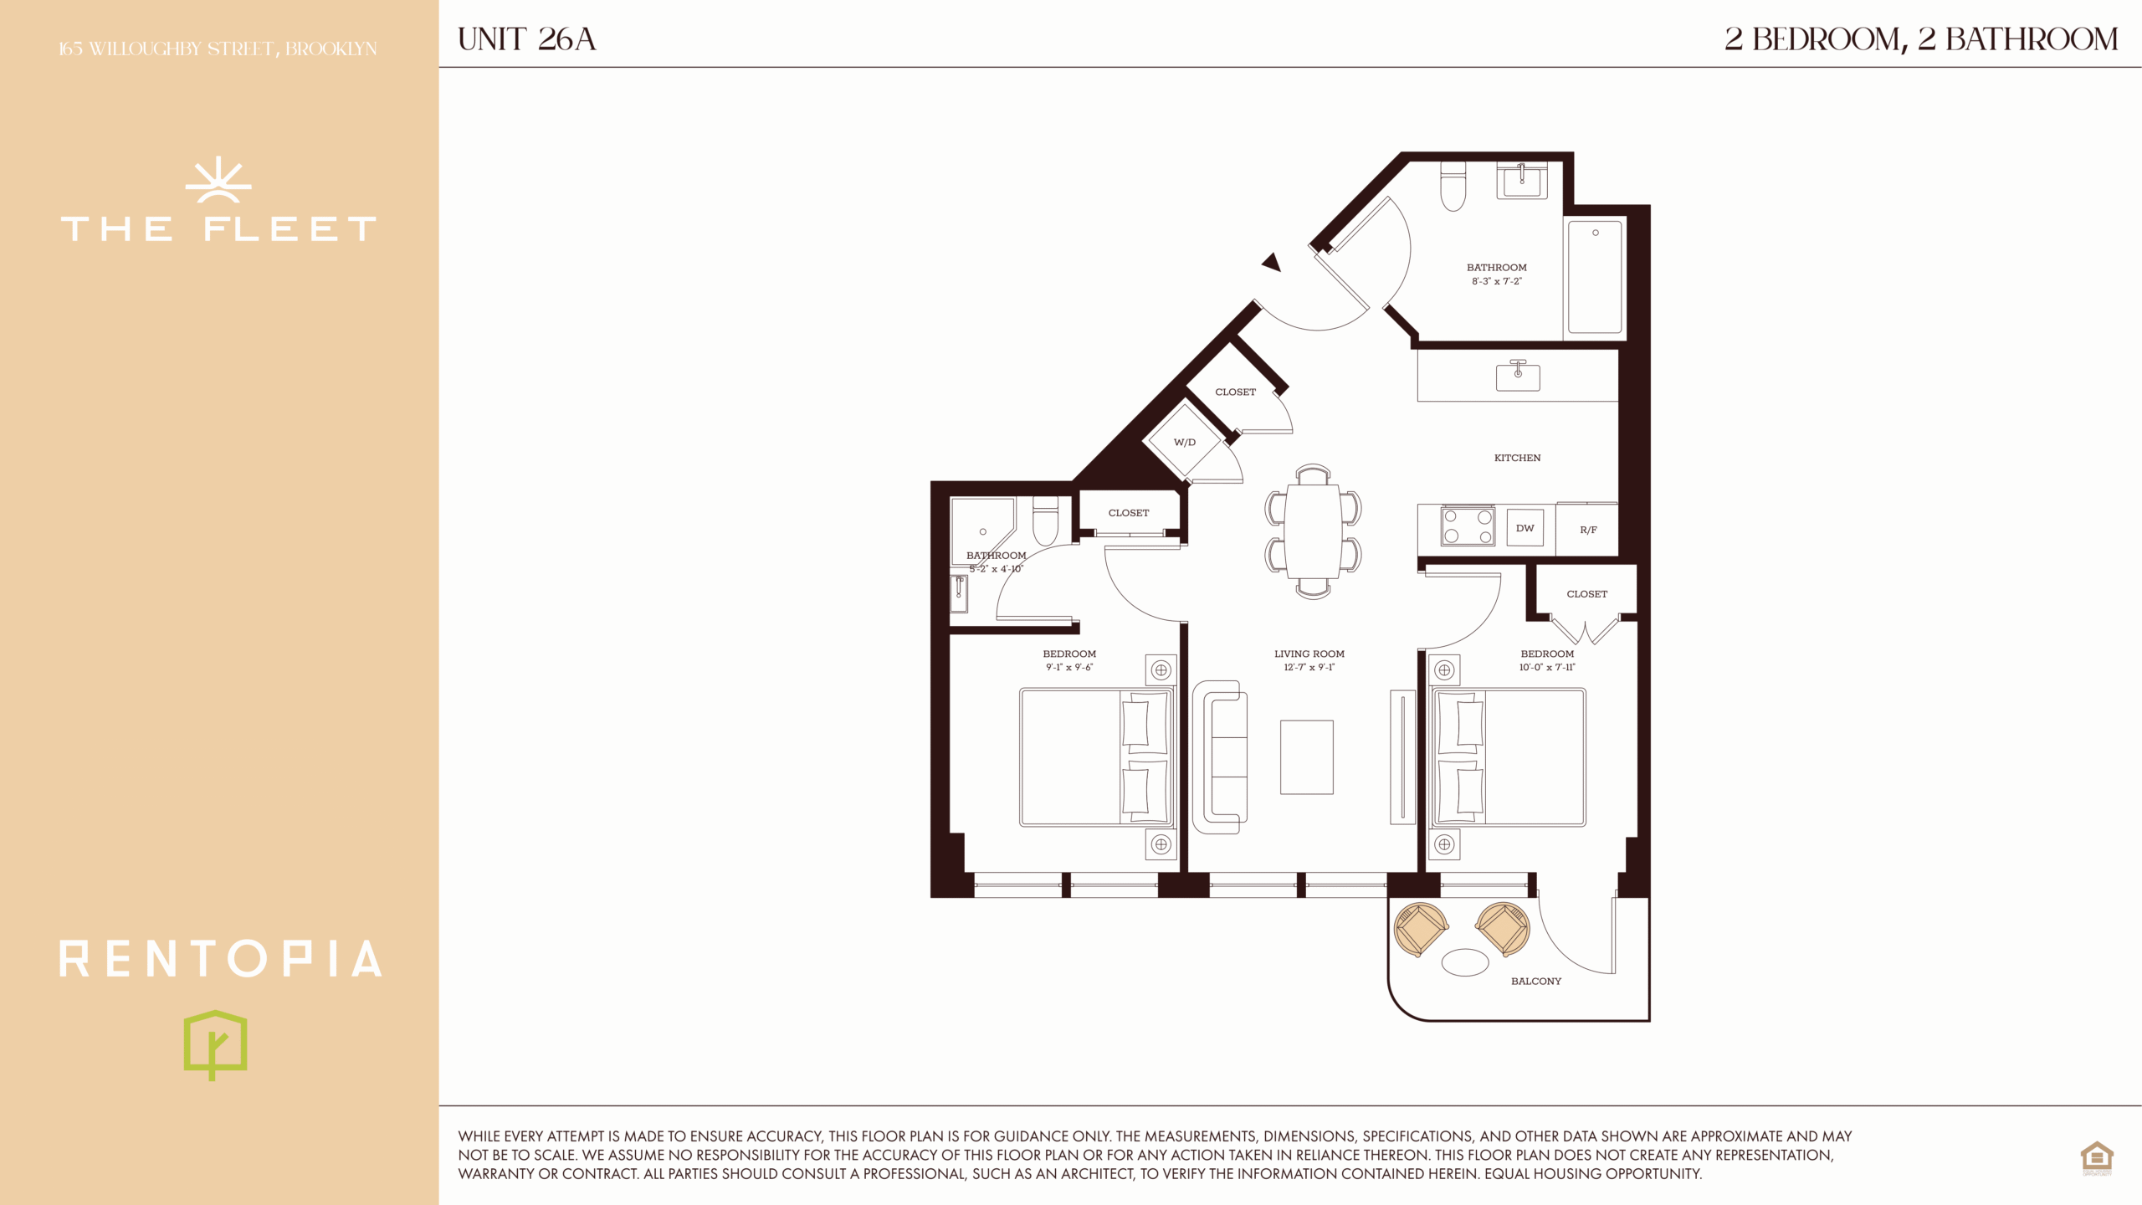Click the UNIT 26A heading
pos(526,39)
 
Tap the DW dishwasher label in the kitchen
pos(1525,528)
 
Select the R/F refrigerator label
pos(1588,530)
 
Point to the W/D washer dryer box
pos(1185,442)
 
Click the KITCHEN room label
pos(1517,458)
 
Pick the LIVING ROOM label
pos(1309,654)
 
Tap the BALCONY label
pos(1535,981)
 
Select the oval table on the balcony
pos(1465,962)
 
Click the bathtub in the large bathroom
pos(1595,277)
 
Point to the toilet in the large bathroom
pos(1453,186)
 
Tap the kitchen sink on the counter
pos(1518,376)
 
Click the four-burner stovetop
pos(1468,526)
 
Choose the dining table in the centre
pos(1313,531)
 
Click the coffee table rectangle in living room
pos(1306,757)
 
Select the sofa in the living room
pos(1219,756)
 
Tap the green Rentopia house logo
pos(215,1044)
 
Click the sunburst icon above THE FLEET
pos(218,179)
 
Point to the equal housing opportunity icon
pos(2097,1158)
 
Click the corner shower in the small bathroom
pos(982,531)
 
